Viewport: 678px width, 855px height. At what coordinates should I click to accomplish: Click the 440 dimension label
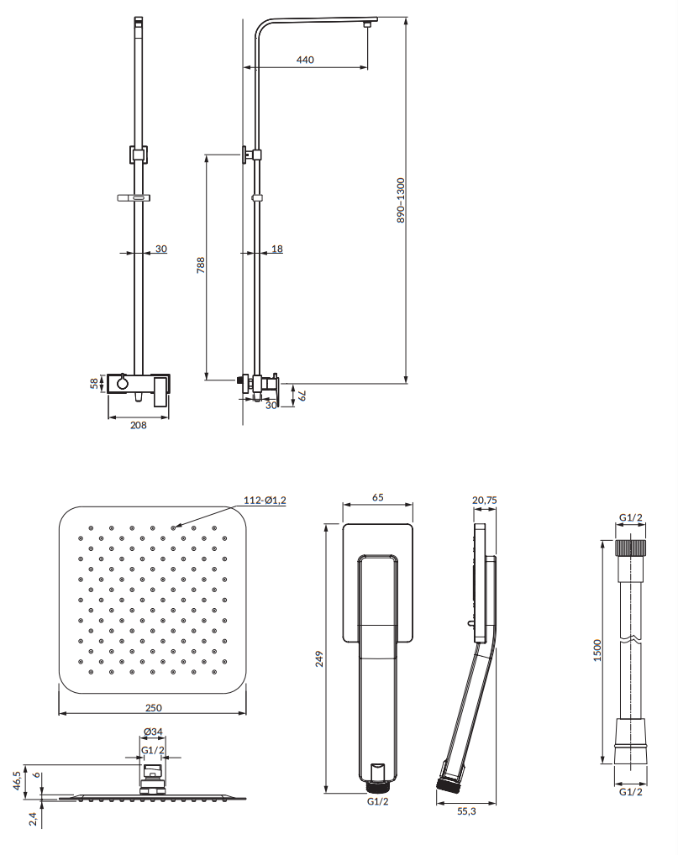(305, 60)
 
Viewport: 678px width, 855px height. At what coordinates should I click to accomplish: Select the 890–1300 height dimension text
(401, 200)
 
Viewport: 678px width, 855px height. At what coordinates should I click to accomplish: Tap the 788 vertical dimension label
(201, 265)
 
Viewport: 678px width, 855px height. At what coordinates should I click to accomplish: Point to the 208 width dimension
(139, 425)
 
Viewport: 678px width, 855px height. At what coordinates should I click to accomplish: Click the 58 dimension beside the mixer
(94, 384)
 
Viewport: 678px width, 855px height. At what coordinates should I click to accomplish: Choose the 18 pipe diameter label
(277, 249)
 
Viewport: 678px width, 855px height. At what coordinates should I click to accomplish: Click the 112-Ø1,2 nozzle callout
(265, 500)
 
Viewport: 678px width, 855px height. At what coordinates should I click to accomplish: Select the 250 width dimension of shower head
(153, 707)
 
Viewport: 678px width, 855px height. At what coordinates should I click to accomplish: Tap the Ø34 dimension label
(153, 732)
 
